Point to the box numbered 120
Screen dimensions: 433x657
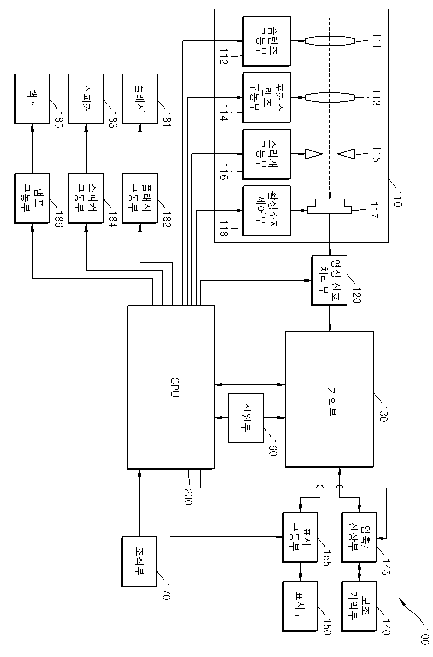click(329, 280)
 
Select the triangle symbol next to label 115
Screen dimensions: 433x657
click(346, 154)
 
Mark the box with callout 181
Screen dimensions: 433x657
click(140, 99)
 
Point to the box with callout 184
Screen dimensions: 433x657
click(86, 198)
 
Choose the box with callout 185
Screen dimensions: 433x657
click(32, 99)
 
